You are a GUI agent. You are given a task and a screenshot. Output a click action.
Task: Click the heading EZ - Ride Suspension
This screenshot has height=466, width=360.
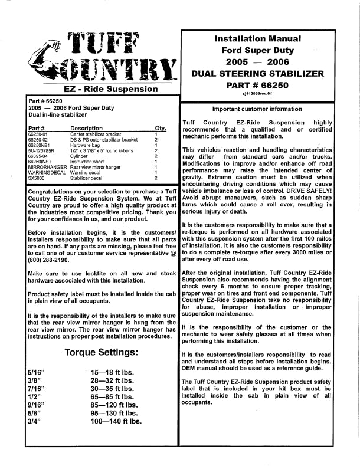coord(103,89)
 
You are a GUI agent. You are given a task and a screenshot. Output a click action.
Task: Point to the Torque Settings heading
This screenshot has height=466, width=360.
coord(102,353)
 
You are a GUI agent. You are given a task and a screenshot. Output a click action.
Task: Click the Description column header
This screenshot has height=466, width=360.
coord(86,128)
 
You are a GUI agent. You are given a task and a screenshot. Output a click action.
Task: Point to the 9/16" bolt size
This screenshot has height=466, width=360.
coord(37,405)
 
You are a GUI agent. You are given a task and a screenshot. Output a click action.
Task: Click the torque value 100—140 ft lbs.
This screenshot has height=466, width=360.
coord(116,422)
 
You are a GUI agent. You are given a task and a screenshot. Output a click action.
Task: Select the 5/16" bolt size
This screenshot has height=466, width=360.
coord(37,372)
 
